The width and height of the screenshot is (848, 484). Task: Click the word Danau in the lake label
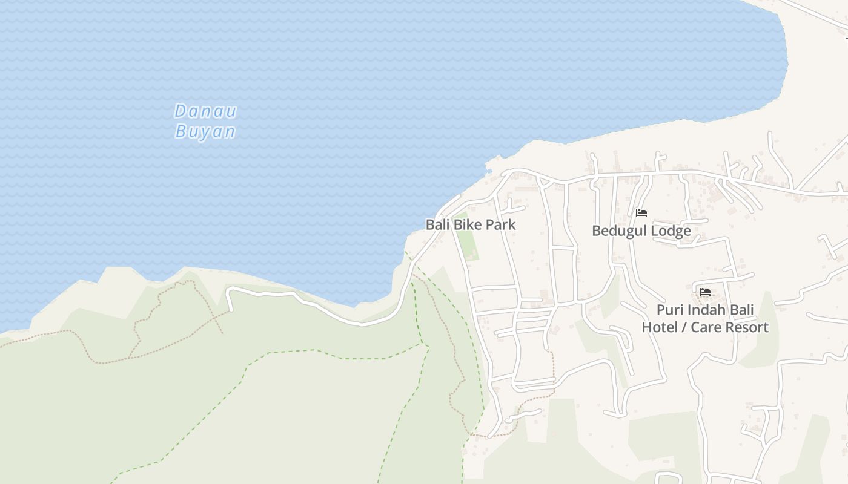(x=205, y=111)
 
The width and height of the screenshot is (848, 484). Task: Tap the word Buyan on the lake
(x=205, y=131)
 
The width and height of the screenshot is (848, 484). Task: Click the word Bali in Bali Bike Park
(x=437, y=224)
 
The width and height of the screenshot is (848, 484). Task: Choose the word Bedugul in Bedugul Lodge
(x=618, y=231)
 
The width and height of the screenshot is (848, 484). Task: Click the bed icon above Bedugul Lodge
(x=641, y=213)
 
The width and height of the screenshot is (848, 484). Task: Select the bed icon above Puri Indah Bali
(x=705, y=292)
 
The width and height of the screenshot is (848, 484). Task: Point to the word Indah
(x=706, y=310)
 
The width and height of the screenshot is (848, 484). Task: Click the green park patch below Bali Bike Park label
(x=466, y=245)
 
